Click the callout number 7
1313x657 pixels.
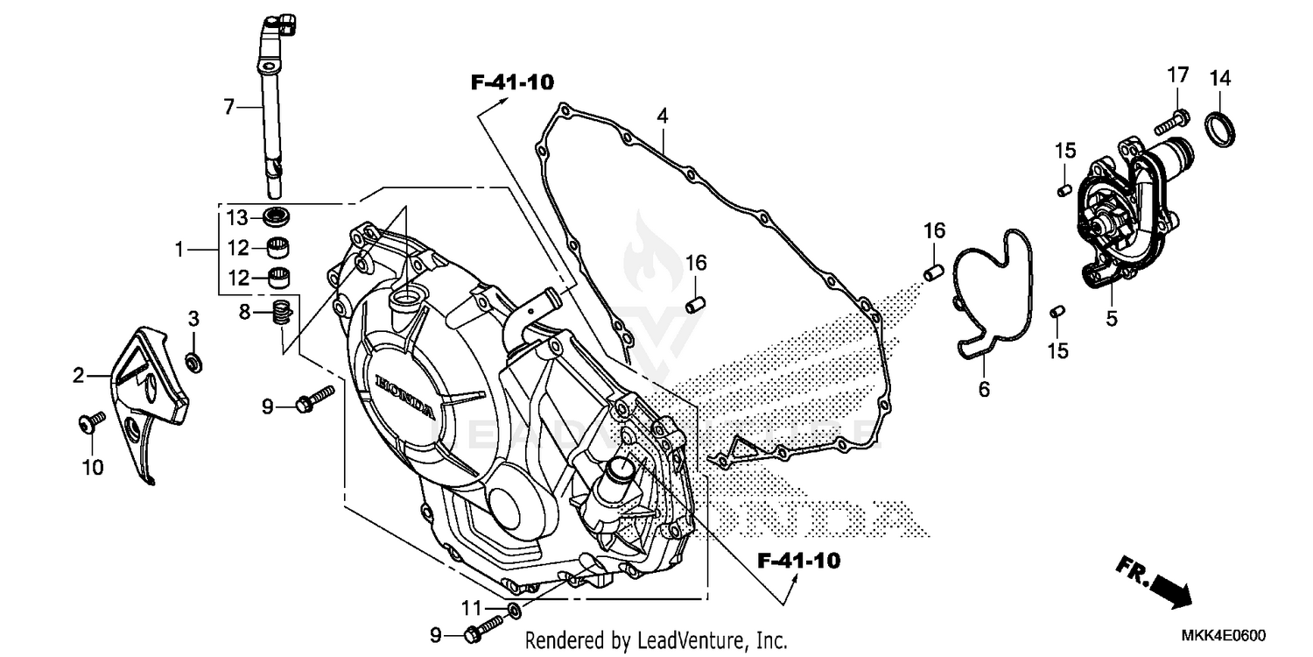pyautogui.click(x=228, y=108)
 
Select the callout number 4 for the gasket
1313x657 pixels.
pyautogui.click(x=663, y=116)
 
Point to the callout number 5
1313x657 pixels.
pyautogui.click(x=1112, y=319)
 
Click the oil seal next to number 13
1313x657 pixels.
pyautogui.click(x=277, y=216)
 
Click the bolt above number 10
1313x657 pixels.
pyautogui.click(x=86, y=425)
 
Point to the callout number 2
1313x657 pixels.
pyautogui.click(x=78, y=377)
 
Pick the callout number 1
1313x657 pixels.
pyautogui.click(x=179, y=250)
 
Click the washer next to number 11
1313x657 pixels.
pyautogui.click(x=514, y=609)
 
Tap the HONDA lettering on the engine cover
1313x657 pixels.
pyautogui.click(x=404, y=396)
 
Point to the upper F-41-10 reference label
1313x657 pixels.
pyautogui.click(x=512, y=83)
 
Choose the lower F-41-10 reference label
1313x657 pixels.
pyautogui.click(x=798, y=561)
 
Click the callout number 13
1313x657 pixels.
pyautogui.click(x=238, y=217)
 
